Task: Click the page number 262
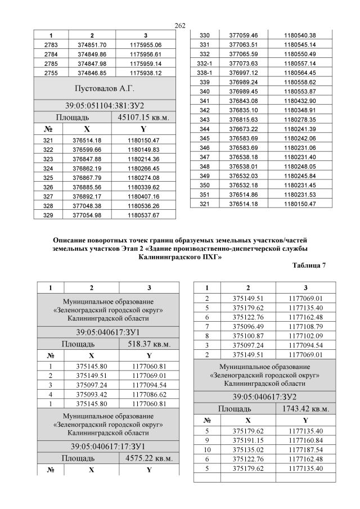coord(180,26)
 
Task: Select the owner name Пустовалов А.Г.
coord(105,89)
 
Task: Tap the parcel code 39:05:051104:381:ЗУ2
coord(105,106)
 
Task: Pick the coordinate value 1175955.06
coord(145,44)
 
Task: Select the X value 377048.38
coord(87,205)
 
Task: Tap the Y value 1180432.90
coord(300,101)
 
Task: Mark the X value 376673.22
coord(243,128)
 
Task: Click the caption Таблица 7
coord(309,264)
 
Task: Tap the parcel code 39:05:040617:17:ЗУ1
coord(105,446)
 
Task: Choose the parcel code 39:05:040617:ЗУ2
coord(260,396)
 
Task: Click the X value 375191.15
coord(244,440)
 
